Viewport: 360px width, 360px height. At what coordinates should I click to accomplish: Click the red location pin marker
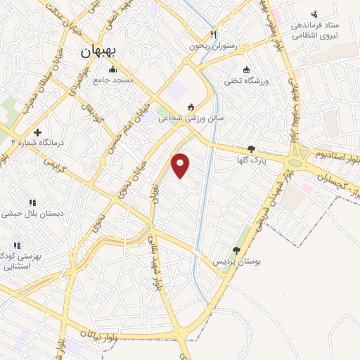click(x=181, y=165)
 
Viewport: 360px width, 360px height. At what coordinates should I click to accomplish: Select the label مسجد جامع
click(x=112, y=80)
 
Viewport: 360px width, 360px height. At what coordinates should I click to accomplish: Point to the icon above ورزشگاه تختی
click(x=246, y=69)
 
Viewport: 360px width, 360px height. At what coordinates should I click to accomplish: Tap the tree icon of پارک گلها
click(x=252, y=148)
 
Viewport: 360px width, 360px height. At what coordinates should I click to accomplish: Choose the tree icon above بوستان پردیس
click(x=237, y=250)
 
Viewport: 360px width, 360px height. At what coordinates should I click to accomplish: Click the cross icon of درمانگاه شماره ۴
click(x=37, y=131)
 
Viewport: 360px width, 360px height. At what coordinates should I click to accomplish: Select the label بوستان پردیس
click(x=238, y=262)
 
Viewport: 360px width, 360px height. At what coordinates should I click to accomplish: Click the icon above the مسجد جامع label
click(x=112, y=69)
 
